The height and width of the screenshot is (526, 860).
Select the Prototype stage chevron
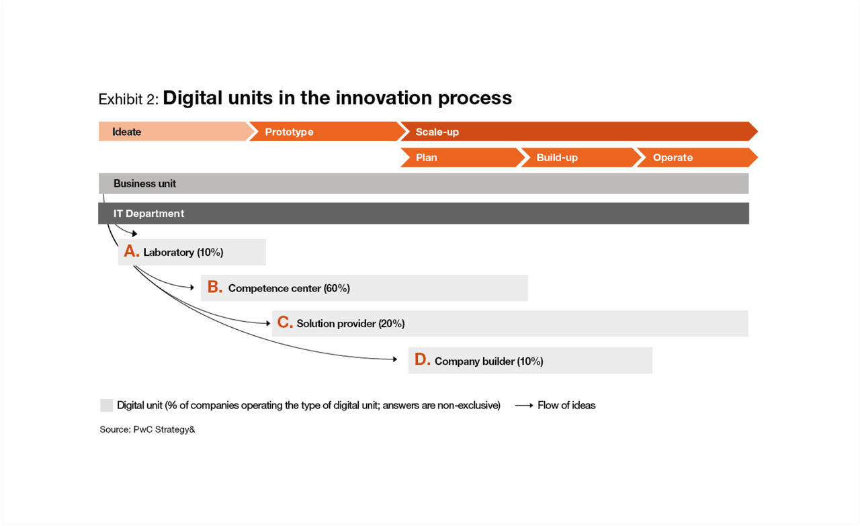point(327,132)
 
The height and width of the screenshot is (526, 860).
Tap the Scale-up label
point(437,132)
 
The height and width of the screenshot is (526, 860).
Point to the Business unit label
point(144,183)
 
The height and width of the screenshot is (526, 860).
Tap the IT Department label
point(148,214)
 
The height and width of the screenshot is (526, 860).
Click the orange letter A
point(131,251)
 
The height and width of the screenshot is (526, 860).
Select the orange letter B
point(214,287)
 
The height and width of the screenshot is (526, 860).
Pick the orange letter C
point(285,322)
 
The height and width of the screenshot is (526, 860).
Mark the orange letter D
point(423,359)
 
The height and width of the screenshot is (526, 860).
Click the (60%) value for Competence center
point(337,288)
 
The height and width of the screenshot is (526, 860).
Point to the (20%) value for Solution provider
point(392,324)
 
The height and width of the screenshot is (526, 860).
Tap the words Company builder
point(474,361)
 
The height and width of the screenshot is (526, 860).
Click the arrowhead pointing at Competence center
point(192,288)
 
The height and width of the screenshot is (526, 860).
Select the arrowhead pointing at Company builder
point(394,359)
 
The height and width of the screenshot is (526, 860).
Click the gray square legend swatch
point(106,406)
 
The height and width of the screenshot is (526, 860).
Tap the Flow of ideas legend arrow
point(524,406)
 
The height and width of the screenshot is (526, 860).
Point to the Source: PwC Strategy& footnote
point(147,429)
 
